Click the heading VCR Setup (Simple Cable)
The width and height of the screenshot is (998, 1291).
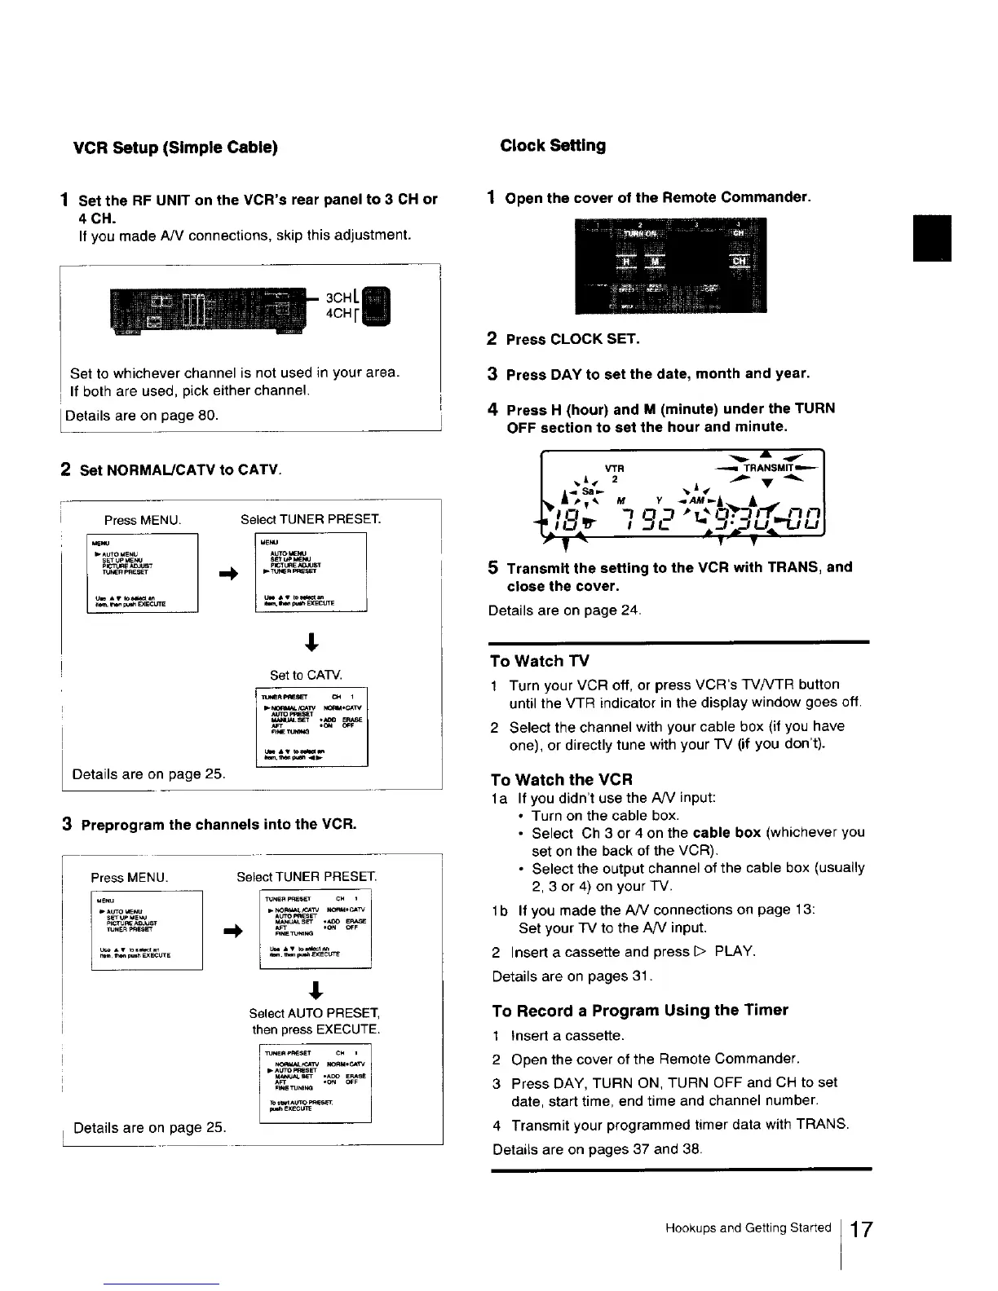176,148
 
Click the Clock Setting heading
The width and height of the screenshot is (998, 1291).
553,146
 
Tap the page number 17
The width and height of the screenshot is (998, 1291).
860,1229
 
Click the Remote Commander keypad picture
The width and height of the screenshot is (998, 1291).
670,266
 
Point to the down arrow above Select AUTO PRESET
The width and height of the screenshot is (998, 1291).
316,990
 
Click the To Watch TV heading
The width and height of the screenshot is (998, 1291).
540,661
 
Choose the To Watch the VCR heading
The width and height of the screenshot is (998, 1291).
562,779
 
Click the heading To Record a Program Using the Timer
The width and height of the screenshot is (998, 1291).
640,1011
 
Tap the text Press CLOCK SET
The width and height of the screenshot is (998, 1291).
572,339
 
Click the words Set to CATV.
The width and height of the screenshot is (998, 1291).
306,675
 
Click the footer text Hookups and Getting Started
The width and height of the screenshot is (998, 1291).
748,1228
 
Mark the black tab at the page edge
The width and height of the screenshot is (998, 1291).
932,238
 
